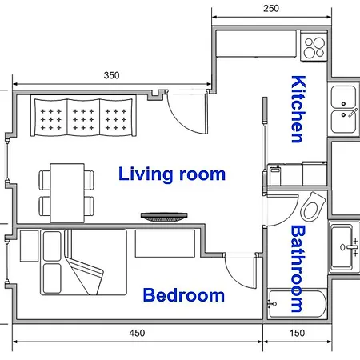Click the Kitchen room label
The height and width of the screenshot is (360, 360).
298,110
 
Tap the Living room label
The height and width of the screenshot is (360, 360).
172,174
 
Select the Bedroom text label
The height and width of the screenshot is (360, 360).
184,295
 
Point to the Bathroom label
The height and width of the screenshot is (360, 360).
298,269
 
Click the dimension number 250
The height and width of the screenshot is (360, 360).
271,9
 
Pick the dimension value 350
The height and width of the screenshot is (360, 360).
111,75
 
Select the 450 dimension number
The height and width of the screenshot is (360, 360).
137,333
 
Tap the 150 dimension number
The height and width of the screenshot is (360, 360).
297,333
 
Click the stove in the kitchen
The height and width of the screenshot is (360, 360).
314,46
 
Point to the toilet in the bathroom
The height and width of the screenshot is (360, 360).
313,206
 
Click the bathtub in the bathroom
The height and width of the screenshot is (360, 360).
298,304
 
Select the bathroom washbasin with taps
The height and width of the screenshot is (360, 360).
343,247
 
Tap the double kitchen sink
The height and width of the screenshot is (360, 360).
343,110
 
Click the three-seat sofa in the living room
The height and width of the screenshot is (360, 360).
83,116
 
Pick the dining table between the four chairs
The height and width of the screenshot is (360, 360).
67,193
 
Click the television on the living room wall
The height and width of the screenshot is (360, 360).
164,217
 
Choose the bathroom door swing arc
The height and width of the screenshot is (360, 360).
290,218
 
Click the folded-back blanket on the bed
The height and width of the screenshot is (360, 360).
83,270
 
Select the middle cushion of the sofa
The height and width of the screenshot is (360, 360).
83,117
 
